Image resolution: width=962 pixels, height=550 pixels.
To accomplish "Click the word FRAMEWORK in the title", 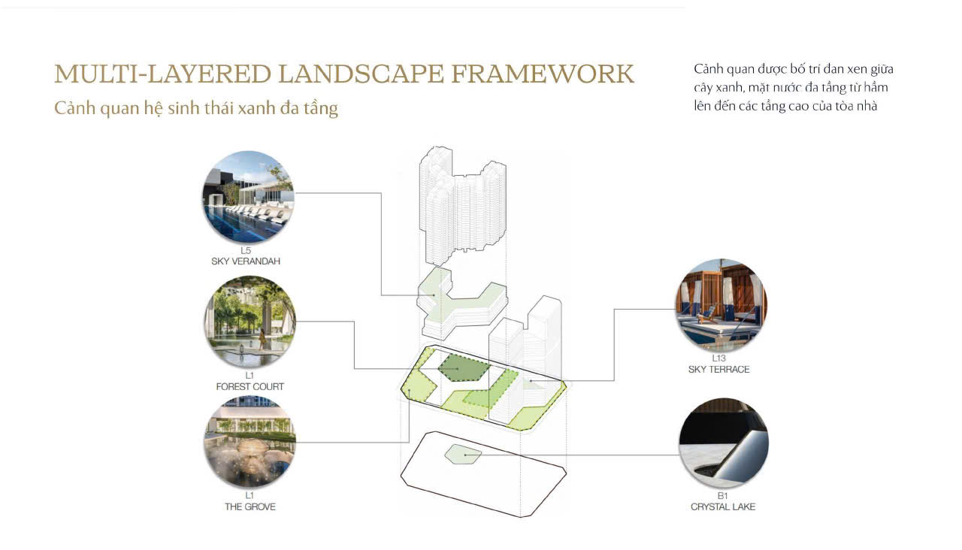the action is point(543,74).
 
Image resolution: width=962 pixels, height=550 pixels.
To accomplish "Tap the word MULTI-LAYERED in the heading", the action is point(163,74).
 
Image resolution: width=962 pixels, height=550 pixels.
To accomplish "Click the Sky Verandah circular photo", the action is point(248,197).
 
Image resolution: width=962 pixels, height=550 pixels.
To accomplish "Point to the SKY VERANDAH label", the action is point(246,261).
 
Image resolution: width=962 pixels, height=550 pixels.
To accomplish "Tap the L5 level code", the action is point(246,250).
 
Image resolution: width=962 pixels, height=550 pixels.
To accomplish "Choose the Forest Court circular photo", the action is point(250,322).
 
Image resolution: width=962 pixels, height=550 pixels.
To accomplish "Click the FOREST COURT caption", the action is point(250,386).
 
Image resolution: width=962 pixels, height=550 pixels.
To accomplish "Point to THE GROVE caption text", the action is point(250,506).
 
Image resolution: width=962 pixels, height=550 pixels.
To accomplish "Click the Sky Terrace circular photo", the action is point(721,305).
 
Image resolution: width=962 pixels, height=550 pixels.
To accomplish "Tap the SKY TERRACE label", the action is point(719,369).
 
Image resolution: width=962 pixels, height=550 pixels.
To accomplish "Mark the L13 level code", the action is point(719,358).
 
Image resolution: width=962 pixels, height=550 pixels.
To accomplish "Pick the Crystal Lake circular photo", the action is point(724,443).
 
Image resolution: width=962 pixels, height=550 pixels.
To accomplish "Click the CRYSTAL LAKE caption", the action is point(723,506).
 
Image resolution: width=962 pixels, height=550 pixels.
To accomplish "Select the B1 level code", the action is point(723,496).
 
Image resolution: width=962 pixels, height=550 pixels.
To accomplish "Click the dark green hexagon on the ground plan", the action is point(464,368).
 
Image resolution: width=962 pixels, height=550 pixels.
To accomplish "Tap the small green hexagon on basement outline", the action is point(463,455).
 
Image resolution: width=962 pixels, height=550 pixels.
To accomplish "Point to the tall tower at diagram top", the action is point(462,206).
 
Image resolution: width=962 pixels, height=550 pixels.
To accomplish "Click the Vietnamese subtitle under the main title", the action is point(196,108).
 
